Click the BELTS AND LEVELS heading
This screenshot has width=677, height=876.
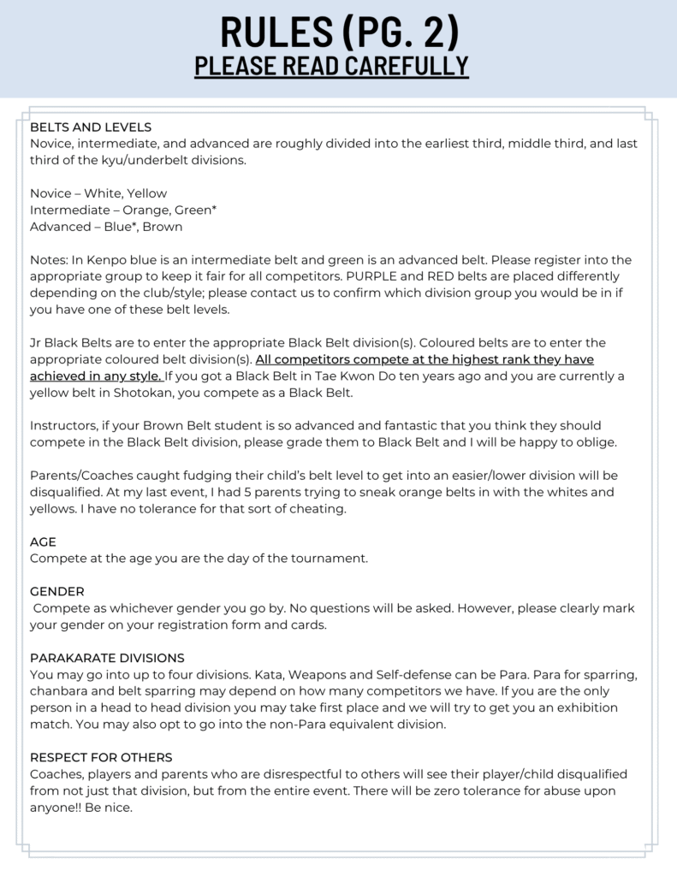pyautogui.click(x=91, y=127)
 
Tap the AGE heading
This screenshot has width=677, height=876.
pyautogui.click(x=43, y=542)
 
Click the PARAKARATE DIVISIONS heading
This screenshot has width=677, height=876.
pyautogui.click(x=107, y=658)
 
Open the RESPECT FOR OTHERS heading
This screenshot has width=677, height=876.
pyautogui.click(x=101, y=757)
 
